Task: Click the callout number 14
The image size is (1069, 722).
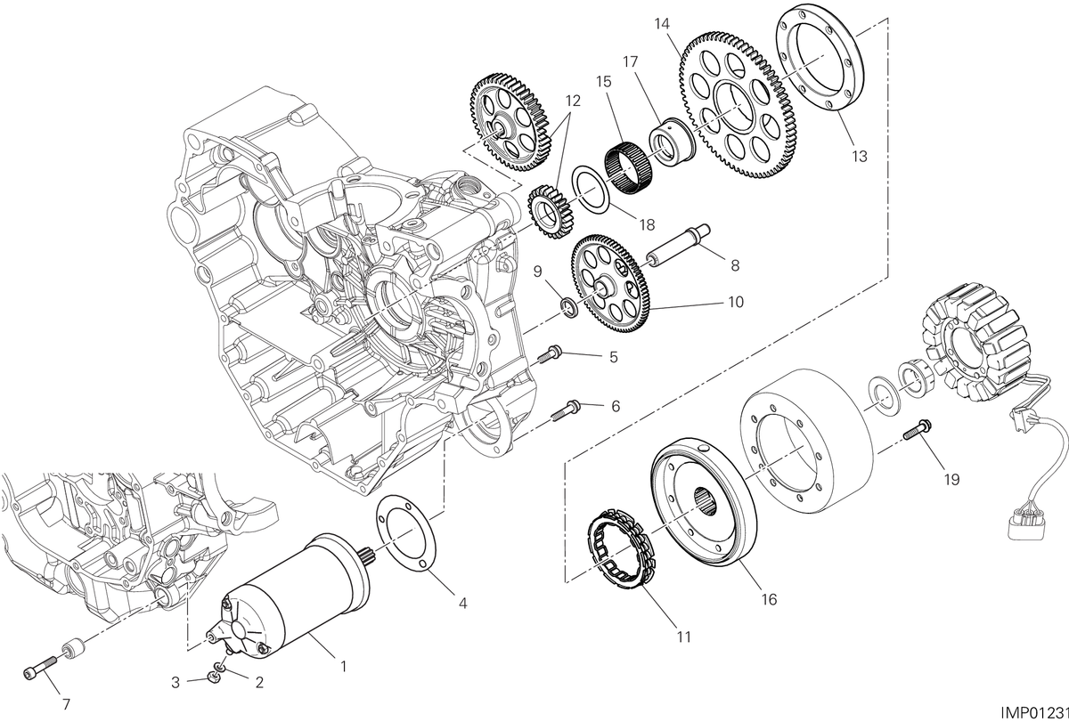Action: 663,24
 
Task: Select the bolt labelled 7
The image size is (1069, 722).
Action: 40,667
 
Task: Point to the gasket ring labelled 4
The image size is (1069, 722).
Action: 404,533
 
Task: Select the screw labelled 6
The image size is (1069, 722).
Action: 566,410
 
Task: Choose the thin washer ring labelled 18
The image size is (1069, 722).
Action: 591,189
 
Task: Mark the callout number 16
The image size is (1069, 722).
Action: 769,599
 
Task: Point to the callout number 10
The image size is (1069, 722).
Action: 736,302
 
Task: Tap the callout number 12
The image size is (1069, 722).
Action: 573,101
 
